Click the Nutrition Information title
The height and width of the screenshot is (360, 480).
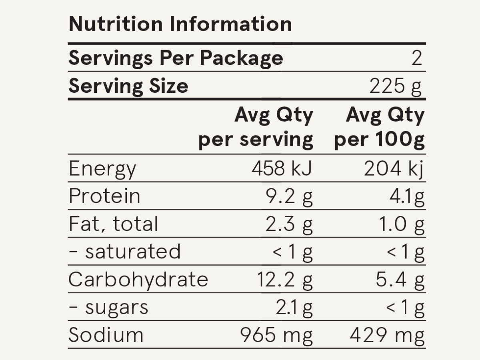180,24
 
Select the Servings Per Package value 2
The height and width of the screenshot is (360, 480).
417,58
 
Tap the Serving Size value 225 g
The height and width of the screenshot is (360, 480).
395,86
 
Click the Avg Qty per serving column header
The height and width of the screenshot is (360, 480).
256,128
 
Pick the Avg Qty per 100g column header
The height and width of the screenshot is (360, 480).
380,128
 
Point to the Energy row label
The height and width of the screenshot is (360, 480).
102,169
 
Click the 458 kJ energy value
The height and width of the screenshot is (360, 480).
282,169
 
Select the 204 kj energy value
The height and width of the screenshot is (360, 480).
394,169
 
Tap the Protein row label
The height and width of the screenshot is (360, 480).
104,196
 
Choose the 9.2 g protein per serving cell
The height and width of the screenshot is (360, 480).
289,196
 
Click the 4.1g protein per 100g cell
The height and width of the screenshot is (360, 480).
407,196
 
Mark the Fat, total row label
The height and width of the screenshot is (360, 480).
113,224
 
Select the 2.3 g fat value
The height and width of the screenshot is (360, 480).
289,224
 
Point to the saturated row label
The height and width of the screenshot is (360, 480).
124,252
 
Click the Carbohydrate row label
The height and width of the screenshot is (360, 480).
138,279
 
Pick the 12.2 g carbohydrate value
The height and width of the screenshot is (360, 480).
284,279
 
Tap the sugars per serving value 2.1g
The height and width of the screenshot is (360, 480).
294,307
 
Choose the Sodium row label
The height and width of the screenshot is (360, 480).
106,335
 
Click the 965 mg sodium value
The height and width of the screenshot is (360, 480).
276,335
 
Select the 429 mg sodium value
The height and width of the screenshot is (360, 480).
387,335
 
